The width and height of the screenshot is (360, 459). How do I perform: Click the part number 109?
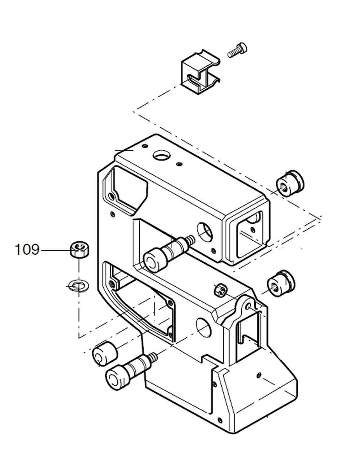click(26, 249)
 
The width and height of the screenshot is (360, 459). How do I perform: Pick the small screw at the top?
click(238, 50)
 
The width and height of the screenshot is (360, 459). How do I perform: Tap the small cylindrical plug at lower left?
click(104, 355)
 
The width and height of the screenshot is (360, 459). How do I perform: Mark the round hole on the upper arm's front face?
click(205, 232)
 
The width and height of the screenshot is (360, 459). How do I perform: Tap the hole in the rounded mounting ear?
click(249, 306)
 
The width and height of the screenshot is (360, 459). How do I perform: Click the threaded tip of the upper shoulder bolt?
click(190, 239)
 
